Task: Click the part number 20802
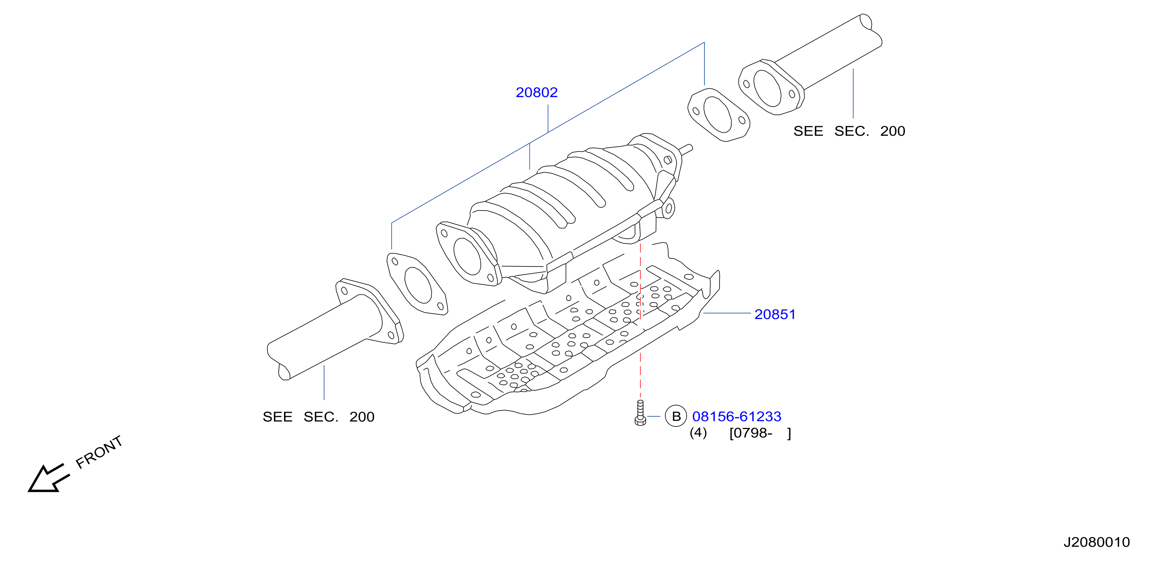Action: (536, 93)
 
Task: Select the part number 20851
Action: (775, 315)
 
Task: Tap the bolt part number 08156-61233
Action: (736, 416)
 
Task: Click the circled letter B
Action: (676, 416)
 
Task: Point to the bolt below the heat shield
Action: (640, 413)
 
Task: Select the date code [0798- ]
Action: (760, 433)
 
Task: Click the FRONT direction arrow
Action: (48, 478)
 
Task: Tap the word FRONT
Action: (99, 453)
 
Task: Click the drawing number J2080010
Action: (1096, 542)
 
